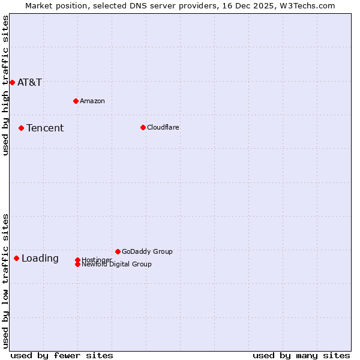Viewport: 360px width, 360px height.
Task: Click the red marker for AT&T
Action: pyautogui.click(x=12, y=82)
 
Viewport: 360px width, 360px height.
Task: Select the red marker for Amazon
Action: pyautogui.click(x=76, y=101)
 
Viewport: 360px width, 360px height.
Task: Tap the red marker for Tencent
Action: pyautogui.click(x=21, y=128)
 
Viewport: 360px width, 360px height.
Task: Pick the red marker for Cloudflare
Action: pyautogui.click(x=143, y=127)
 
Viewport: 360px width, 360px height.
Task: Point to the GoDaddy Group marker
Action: pyautogui.click(x=118, y=251)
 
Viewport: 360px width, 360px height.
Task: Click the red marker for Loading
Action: pyautogui.click(x=16, y=258)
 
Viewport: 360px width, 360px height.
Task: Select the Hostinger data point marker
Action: pyautogui.click(x=77, y=260)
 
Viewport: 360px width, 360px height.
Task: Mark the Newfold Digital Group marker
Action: pyautogui.click(x=77, y=264)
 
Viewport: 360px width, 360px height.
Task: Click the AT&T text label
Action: pyautogui.click(x=29, y=82)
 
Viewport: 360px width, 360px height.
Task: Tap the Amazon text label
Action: pyautogui.click(x=92, y=101)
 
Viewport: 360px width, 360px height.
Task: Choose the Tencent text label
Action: pyautogui.click(x=45, y=128)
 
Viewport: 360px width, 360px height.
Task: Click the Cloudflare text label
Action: pyautogui.click(x=163, y=127)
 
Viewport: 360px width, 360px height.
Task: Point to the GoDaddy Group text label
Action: pyautogui.click(x=147, y=251)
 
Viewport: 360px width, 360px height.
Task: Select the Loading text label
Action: pyautogui.click(x=40, y=259)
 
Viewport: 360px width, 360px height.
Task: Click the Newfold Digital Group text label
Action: pyautogui.click(x=116, y=265)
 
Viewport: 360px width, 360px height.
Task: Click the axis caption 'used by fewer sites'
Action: pyautogui.click(x=62, y=355)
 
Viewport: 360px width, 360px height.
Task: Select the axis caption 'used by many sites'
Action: pyautogui.click(x=301, y=355)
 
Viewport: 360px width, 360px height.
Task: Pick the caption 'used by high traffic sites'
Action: pyautogui.click(x=6, y=85)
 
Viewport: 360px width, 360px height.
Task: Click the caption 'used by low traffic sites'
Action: pyautogui.click(x=6, y=280)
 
